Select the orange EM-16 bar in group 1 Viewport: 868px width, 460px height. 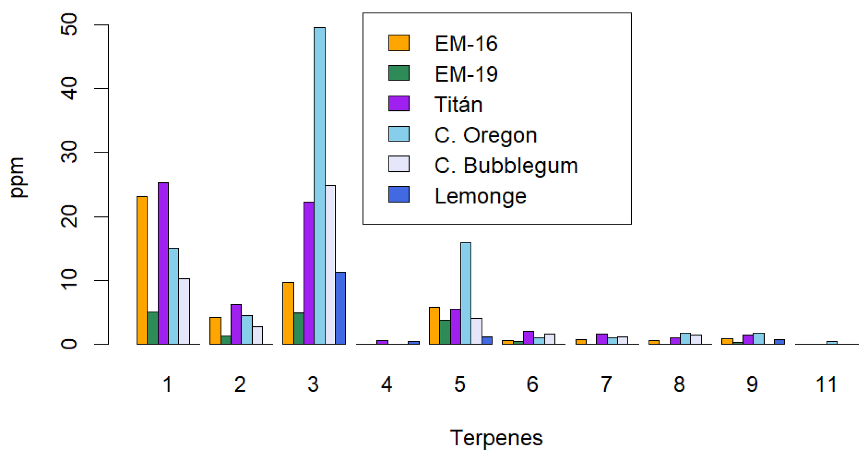pyautogui.click(x=142, y=270)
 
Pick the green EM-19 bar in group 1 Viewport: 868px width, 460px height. pyautogui.click(x=153, y=328)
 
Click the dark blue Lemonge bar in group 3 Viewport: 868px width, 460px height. pyautogui.click(x=341, y=308)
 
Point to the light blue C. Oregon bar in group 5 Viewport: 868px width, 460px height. pyautogui.click(x=466, y=293)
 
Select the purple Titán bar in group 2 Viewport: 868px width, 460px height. pyautogui.click(x=236, y=324)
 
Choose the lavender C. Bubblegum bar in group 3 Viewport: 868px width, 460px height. pyautogui.click(x=330, y=265)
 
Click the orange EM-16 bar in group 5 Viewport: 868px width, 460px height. pyautogui.click(x=434, y=326)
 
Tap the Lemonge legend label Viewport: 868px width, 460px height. pyautogui.click(x=480, y=196)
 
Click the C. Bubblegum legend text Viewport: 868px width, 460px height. pyautogui.click(x=506, y=166)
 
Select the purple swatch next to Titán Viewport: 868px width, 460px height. pyautogui.click(x=399, y=104)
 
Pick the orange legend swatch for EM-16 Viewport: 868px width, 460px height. pyautogui.click(x=399, y=43)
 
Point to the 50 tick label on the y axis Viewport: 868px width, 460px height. pyautogui.click(x=69, y=25)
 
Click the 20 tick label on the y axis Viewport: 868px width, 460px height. pyautogui.click(x=69, y=216)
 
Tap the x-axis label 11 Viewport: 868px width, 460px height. pyautogui.click(x=826, y=384)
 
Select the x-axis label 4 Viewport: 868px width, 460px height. pyautogui.click(x=386, y=384)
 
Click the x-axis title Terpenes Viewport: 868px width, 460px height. pyautogui.click(x=496, y=438)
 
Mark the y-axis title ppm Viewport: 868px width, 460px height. pyautogui.click(x=17, y=178)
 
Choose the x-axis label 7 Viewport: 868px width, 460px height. pyautogui.click(x=606, y=384)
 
